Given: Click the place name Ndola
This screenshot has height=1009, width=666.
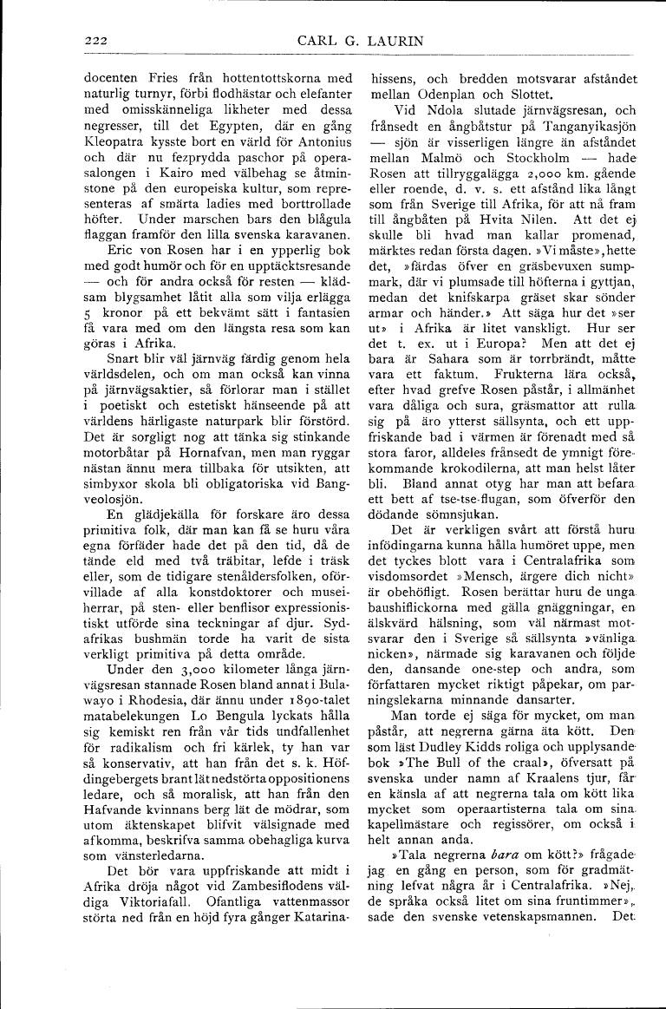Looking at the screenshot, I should (x=446, y=110).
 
